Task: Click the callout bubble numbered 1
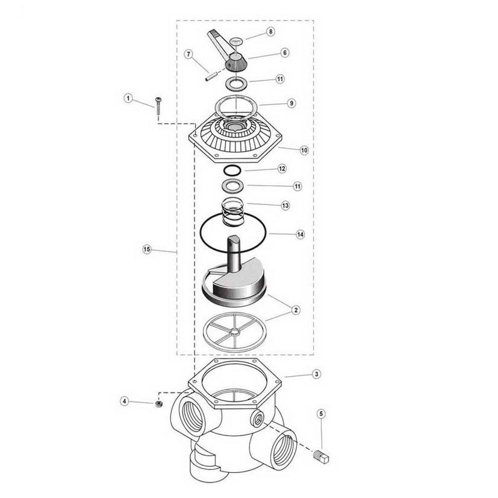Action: point(128,99)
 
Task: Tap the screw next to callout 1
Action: point(158,106)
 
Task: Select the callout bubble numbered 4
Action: point(124,401)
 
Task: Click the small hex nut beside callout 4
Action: point(159,404)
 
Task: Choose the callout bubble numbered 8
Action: point(271,32)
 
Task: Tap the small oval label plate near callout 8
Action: point(236,41)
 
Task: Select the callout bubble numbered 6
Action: point(284,52)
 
